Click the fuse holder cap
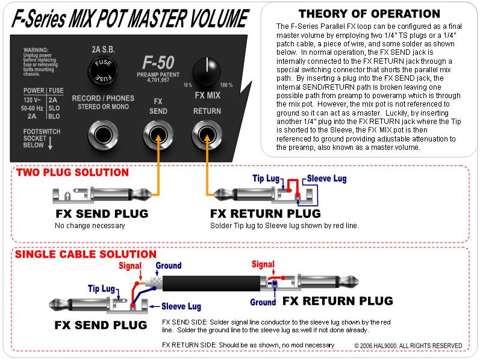click(x=101, y=70)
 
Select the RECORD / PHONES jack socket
click(x=102, y=135)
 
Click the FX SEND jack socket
click(x=157, y=135)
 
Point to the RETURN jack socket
click(x=207, y=135)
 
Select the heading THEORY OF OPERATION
click(x=369, y=14)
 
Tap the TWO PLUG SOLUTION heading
click(x=72, y=173)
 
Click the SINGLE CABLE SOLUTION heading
click(x=86, y=255)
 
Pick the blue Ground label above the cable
click(x=169, y=265)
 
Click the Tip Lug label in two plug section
click(x=266, y=178)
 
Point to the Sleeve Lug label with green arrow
click(x=326, y=179)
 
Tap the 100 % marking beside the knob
click(x=227, y=85)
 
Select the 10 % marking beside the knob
click(x=189, y=85)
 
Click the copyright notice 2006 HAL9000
click(x=408, y=346)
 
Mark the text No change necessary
click(x=89, y=226)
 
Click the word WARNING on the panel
click(x=36, y=49)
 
